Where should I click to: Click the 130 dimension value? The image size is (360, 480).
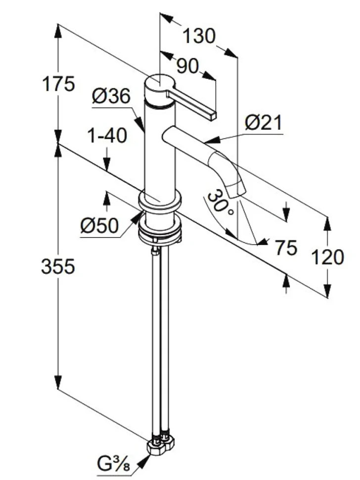199,36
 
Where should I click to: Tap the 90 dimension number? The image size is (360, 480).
187,66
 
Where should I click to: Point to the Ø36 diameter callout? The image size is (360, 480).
111,96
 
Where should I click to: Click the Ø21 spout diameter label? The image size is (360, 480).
264,123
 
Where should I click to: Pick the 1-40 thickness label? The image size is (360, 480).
107,136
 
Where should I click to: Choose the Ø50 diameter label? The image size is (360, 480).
99,226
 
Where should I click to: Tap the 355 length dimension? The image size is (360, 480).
58,266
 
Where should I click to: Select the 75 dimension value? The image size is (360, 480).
286,247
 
